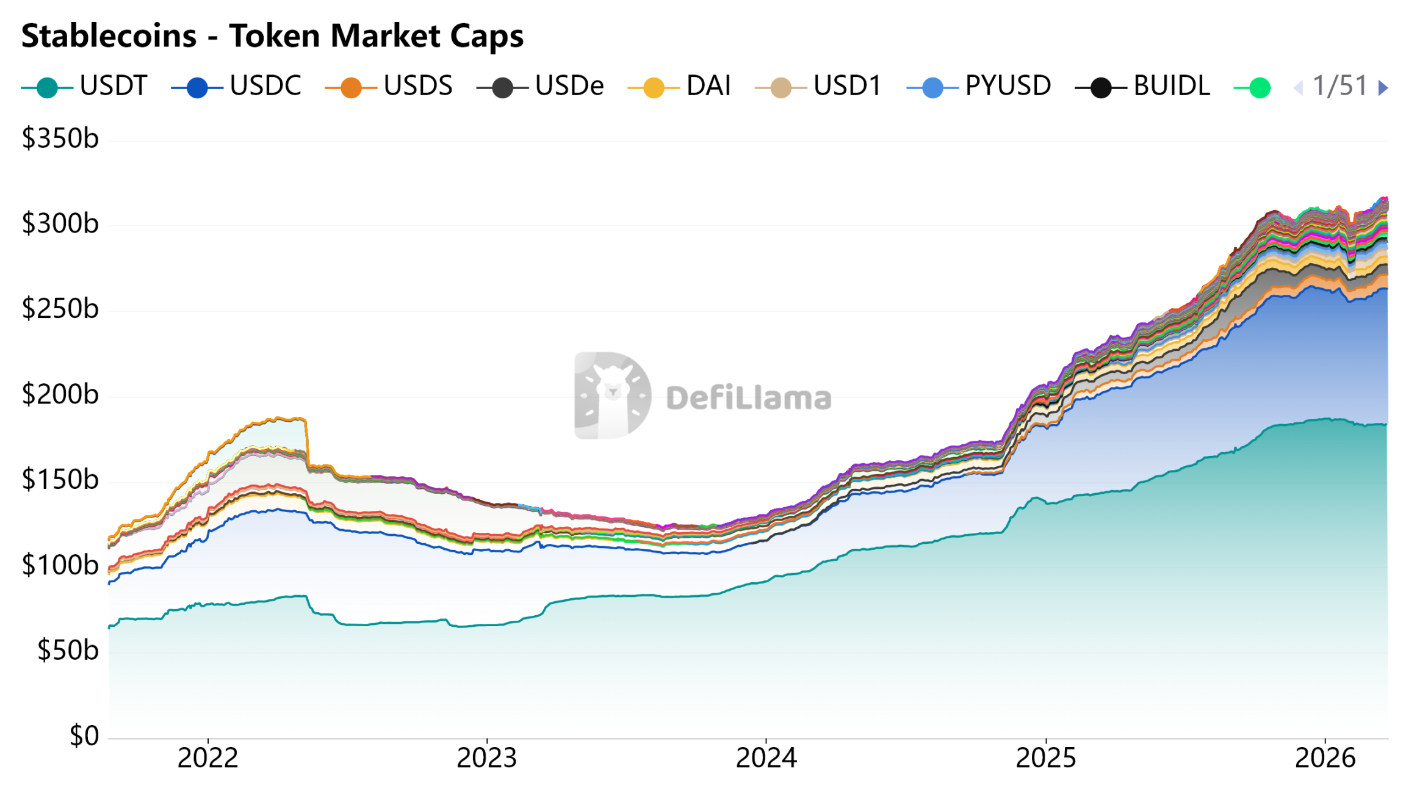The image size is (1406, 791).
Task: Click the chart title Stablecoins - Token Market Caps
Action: (x=272, y=35)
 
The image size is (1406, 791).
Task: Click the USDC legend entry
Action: (x=237, y=86)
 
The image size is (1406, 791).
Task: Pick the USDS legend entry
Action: (x=389, y=86)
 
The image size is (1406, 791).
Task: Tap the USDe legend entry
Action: (x=541, y=86)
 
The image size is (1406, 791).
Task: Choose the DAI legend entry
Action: (x=680, y=86)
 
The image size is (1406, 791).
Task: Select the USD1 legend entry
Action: (x=819, y=86)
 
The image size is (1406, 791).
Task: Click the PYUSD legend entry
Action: (x=979, y=86)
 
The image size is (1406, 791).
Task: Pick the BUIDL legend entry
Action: (x=1143, y=86)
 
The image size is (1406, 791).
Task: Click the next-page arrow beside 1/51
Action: (x=1383, y=88)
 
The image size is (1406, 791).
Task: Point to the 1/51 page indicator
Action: (x=1340, y=86)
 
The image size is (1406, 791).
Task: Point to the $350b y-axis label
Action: (x=60, y=139)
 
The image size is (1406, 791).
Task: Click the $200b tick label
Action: (x=60, y=395)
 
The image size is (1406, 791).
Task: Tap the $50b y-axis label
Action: (x=67, y=651)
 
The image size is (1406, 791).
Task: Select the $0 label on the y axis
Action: (x=84, y=736)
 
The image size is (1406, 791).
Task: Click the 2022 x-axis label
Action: (x=207, y=759)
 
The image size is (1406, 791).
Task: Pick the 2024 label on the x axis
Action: (x=766, y=759)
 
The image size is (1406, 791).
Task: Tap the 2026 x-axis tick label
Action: (x=1325, y=759)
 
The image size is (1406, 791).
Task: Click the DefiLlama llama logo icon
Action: (x=612, y=395)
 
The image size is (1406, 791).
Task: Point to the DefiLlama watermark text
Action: (x=749, y=398)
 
